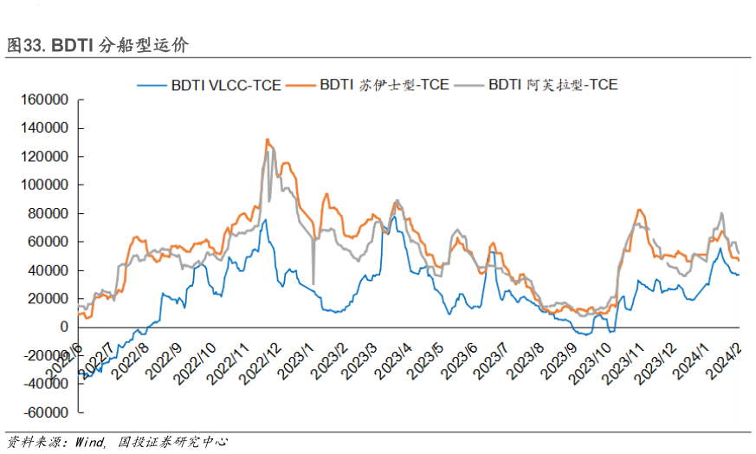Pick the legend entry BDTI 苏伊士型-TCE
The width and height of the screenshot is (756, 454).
(384, 85)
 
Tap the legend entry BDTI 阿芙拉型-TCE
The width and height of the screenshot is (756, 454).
(552, 85)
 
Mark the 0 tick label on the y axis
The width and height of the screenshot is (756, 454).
(65, 327)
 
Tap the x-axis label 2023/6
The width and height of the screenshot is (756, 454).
(458, 357)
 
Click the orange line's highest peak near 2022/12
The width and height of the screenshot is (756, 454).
(267, 139)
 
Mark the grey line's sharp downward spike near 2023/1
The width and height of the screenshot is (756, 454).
(313, 282)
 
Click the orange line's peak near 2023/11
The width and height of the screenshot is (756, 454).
(639, 210)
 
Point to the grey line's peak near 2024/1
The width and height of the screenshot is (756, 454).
(721, 213)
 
